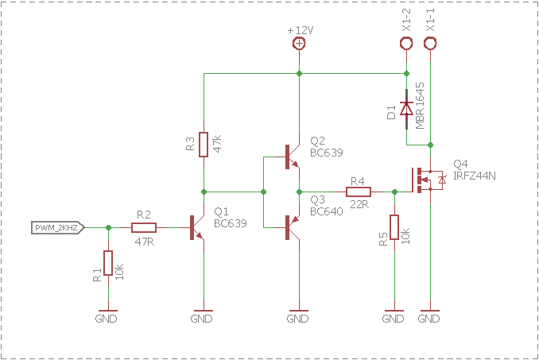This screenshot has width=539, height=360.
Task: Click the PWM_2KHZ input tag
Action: coord(58,228)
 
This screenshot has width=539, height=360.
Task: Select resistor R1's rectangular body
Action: coord(108,263)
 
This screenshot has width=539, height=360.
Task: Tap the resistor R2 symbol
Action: coord(144,227)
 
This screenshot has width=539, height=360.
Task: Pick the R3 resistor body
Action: coord(204,145)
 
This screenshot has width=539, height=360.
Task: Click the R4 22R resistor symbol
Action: coord(359,192)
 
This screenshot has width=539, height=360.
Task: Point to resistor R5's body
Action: coord(394,227)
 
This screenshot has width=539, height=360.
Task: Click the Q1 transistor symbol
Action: coord(197,227)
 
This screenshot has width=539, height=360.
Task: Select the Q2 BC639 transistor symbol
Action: coord(293,157)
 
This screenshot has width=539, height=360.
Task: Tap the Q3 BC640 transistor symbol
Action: coord(293,227)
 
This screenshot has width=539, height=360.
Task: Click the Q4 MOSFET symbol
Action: coord(426,180)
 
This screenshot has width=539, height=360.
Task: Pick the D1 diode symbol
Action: coord(407,109)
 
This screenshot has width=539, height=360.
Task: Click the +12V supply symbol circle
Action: coord(299,43)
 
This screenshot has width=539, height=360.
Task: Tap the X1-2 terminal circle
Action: coord(406,44)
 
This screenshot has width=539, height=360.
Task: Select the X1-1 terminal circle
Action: coord(430,44)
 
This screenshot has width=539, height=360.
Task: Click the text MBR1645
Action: coord(420,106)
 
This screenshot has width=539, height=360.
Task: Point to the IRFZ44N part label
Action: coord(475,176)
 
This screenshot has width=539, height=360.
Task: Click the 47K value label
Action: coord(217,144)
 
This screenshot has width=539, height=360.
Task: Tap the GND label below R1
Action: coord(107,319)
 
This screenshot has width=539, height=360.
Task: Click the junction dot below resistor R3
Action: coord(204,192)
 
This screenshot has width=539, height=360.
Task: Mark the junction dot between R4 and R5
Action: coord(394,192)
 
